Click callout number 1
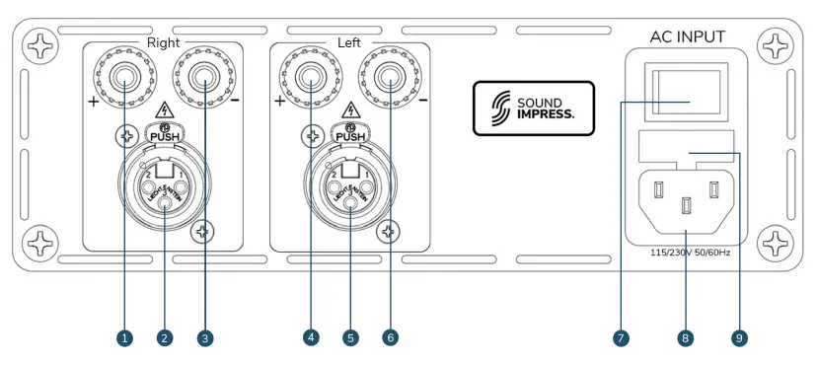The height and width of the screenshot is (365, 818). (x=124, y=337)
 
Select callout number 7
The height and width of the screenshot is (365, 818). (x=621, y=337)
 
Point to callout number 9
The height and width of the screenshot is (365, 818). (x=739, y=337)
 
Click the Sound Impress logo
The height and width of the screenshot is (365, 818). (x=534, y=108)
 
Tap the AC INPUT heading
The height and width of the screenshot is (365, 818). (x=687, y=37)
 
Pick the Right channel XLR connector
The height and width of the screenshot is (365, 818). (x=164, y=183)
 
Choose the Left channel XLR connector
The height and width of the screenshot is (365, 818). (x=350, y=183)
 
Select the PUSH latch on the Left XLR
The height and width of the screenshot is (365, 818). (x=350, y=135)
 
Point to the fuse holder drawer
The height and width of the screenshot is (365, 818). (x=688, y=147)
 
